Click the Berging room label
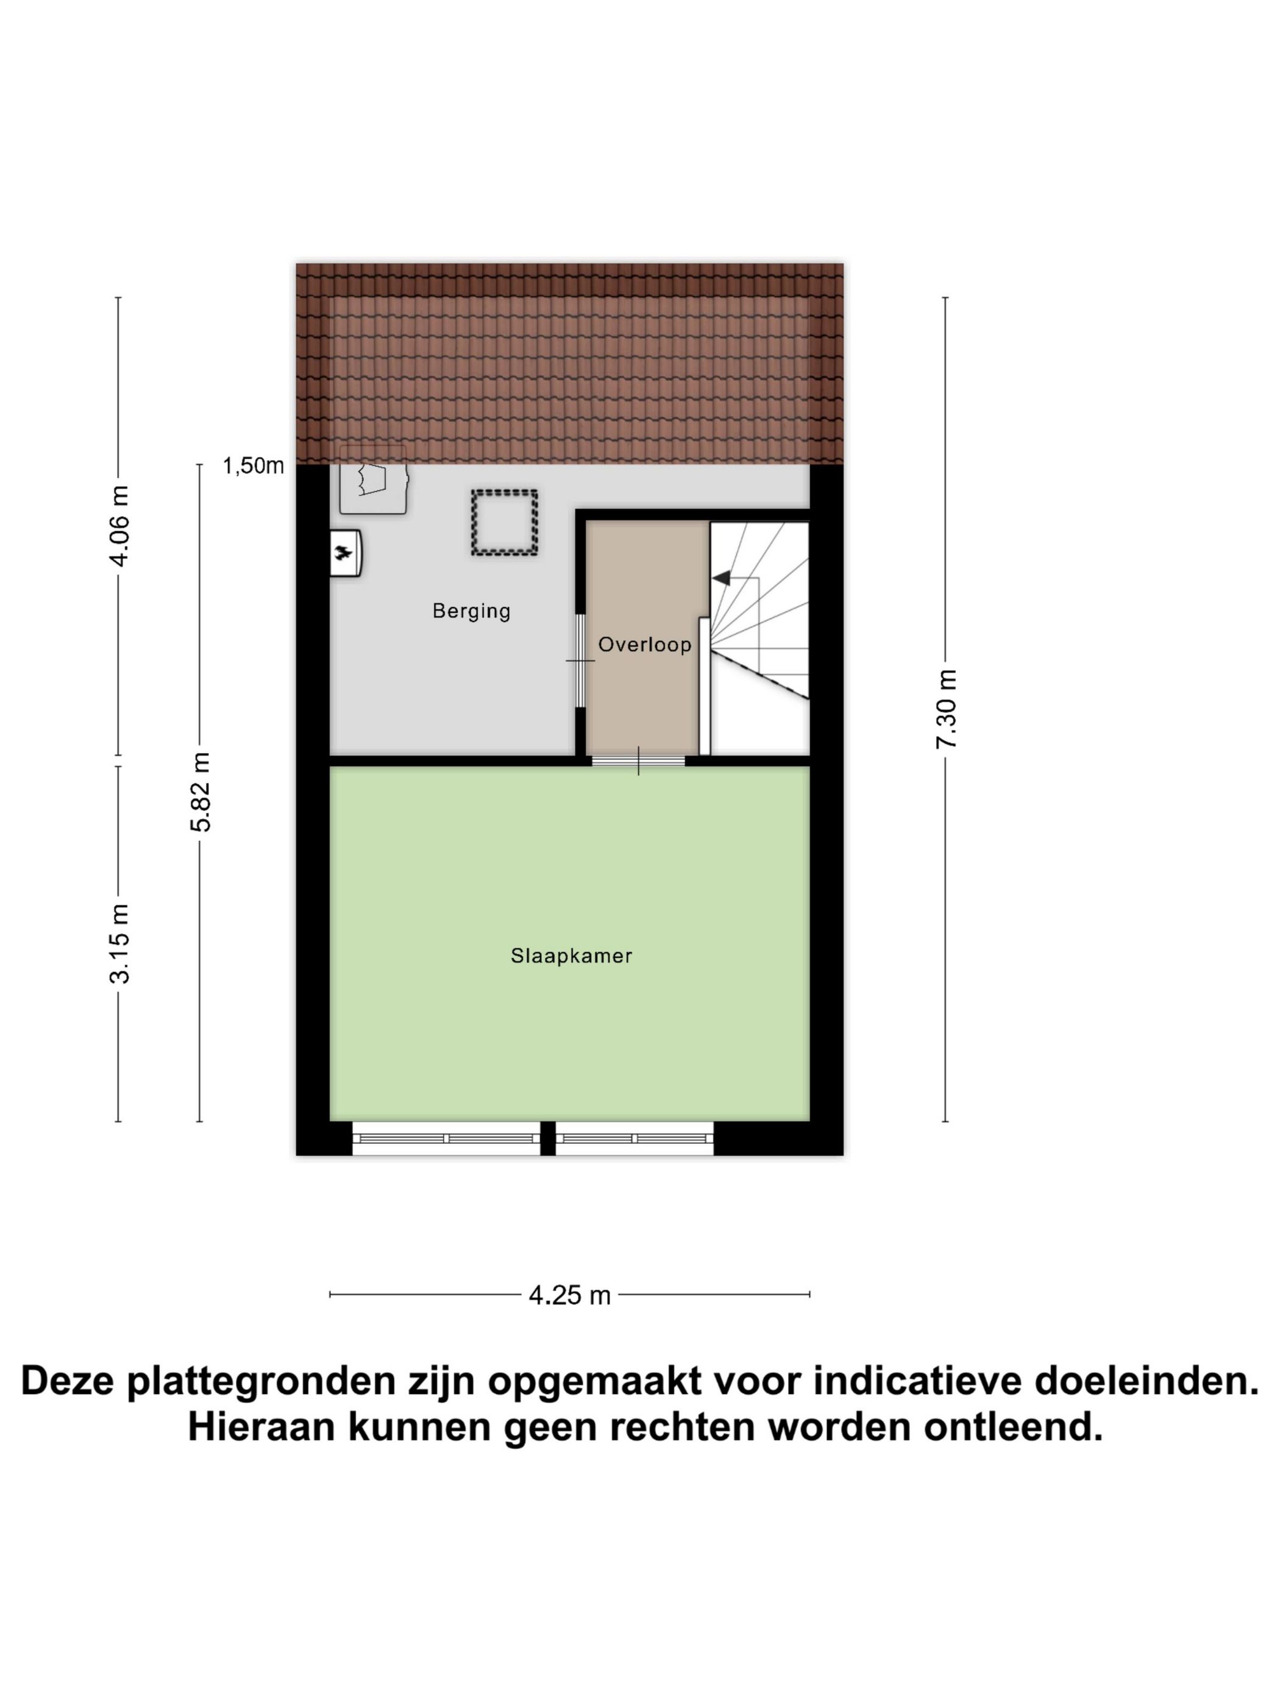471,611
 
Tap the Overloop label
644,644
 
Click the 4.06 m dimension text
119,526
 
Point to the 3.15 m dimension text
119,943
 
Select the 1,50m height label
253,466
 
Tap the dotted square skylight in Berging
505,523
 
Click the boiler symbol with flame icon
345,552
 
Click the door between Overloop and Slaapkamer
638,760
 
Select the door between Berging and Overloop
580,660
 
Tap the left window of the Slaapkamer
446,1138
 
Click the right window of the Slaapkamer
635,1138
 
